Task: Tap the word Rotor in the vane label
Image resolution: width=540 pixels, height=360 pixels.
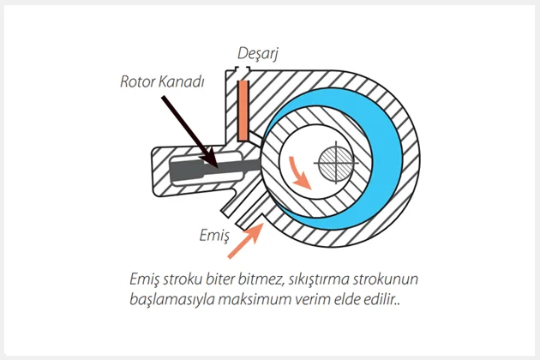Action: pyautogui.click(x=138, y=83)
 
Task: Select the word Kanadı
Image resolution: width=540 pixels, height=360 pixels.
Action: pyautogui.click(x=183, y=83)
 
